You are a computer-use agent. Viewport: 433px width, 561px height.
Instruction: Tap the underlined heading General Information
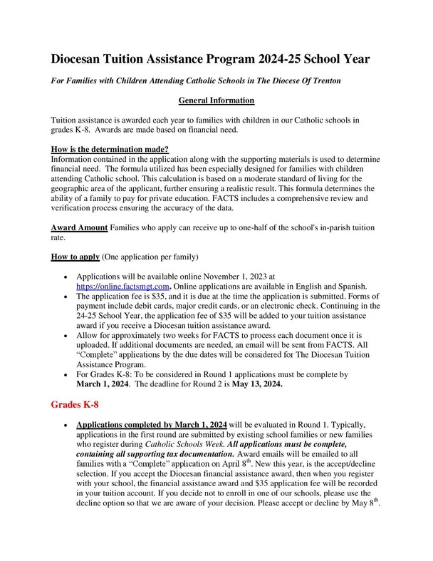pyautogui.click(x=216, y=101)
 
